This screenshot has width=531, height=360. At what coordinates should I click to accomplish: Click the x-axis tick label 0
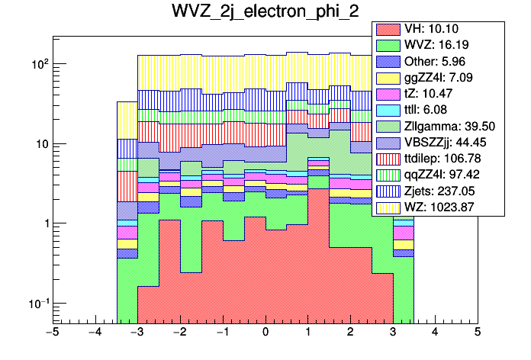[265, 333]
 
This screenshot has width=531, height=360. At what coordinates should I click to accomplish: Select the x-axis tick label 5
[477, 333]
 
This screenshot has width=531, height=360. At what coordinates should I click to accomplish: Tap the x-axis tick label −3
[137, 333]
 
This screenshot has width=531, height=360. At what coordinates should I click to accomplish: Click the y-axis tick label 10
[39, 144]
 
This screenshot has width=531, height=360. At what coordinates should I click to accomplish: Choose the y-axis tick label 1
[43, 224]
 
